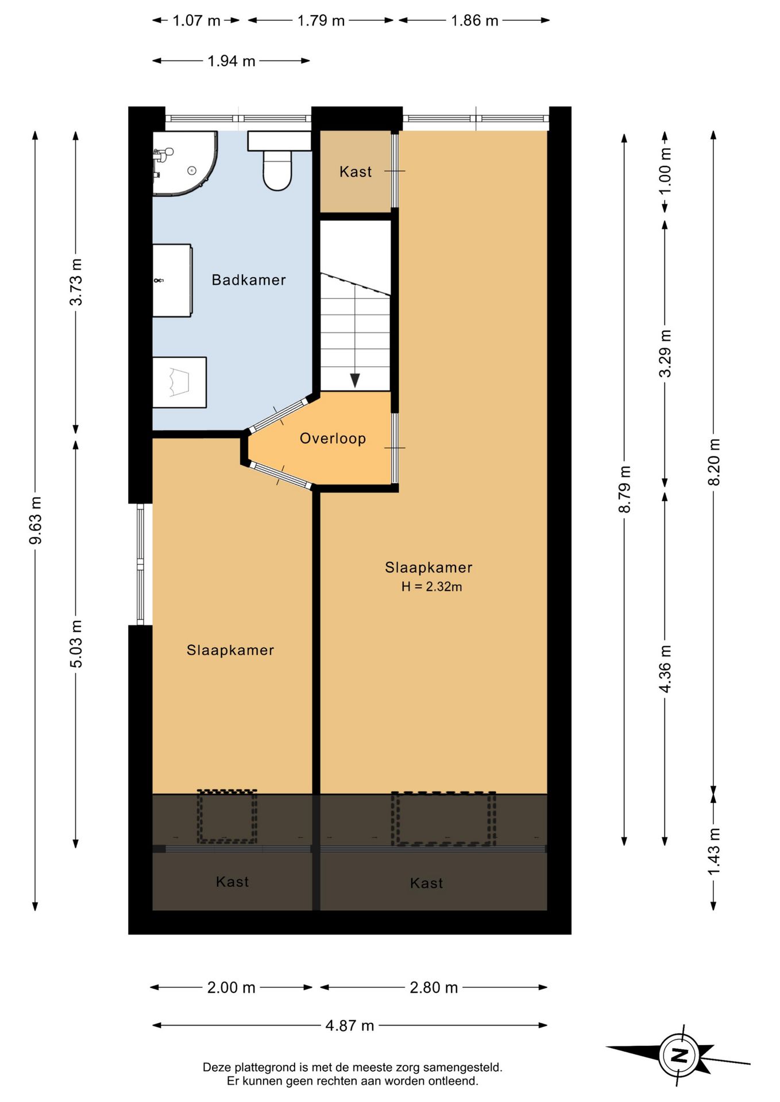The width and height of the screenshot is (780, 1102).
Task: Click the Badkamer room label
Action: [x=249, y=280]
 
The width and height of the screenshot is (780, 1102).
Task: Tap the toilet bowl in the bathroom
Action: [x=277, y=170]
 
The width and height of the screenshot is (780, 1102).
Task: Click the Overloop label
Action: [x=333, y=439]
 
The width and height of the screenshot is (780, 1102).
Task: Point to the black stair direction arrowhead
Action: [x=355, y=380]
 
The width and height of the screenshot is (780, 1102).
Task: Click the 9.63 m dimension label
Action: [x=36, y=521]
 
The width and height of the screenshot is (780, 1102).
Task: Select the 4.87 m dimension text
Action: [x=350, y=1025]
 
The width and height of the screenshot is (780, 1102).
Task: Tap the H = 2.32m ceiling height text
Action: [x=431, y=587]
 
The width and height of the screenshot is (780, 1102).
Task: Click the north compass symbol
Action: [x=678, y=1055]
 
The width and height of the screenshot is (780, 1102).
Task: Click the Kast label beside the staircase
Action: [x=356, y=172]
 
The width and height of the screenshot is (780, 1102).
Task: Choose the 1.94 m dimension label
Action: [x=231, y=61]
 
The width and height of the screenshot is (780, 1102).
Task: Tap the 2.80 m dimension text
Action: [x=434, y=987]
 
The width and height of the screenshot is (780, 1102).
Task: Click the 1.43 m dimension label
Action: [x=713, y=852]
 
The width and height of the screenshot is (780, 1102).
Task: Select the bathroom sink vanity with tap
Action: [x=172, y=281]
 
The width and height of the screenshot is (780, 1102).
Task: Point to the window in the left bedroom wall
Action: [x=140, y=564]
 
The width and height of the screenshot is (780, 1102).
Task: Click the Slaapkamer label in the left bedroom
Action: [x=230, y=650]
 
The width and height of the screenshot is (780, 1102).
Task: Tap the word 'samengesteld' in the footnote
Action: [x=463, y=1068]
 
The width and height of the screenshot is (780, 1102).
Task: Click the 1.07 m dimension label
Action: [x=196, y=21]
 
